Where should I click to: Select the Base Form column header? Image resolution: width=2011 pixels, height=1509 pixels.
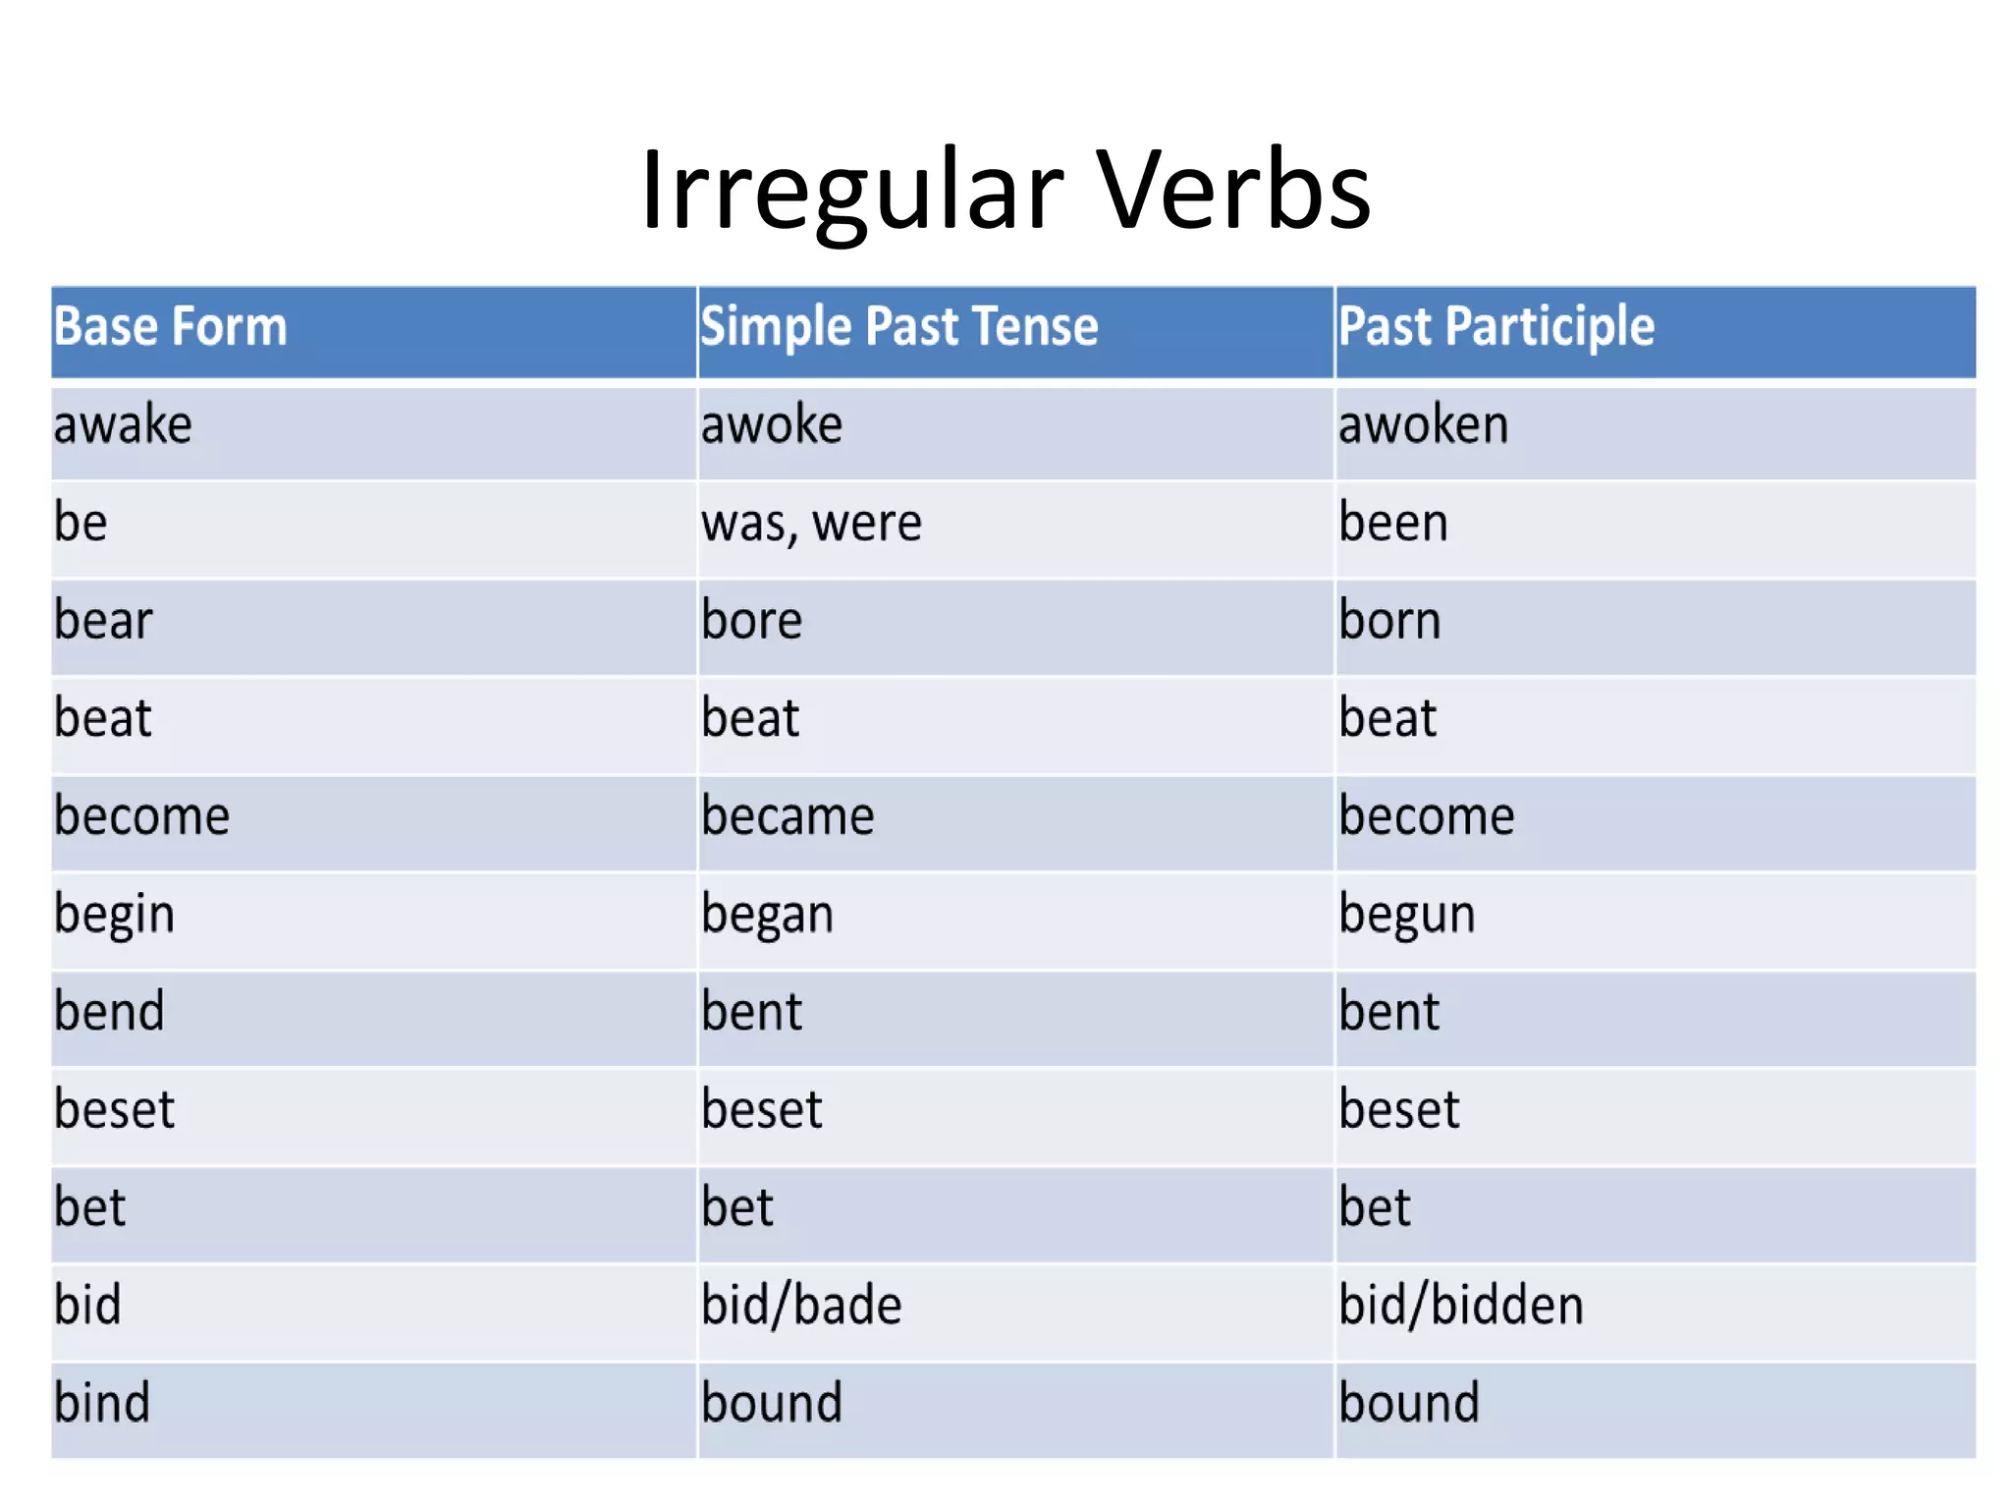point(170,326)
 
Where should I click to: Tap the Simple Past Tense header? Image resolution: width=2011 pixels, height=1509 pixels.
point(898,326)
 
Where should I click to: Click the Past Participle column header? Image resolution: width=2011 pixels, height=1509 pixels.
point(1495,326)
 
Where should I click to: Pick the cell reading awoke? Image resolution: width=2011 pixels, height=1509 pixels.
point(771,425)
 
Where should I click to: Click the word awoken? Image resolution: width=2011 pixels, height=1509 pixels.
point(1423,425)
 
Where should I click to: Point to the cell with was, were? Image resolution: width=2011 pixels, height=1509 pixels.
point(811,523)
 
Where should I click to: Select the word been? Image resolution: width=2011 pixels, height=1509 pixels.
point(1392,523)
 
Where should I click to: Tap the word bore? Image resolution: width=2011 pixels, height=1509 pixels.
point(751,621)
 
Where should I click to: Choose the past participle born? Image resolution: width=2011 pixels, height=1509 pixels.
point(1389,621)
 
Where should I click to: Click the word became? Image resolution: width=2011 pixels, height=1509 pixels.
point(788,816)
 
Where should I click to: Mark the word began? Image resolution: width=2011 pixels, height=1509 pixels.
point(767,915)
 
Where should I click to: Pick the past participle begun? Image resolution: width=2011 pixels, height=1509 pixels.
point(1406,915)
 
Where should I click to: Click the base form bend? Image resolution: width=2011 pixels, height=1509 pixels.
point(109,1012)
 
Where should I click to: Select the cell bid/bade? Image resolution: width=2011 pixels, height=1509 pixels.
point(801,1306)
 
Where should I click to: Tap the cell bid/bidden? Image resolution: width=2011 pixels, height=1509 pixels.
point(1460,1306)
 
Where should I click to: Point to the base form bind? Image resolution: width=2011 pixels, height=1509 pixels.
point(102,1403)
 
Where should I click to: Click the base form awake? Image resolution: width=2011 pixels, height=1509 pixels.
point(123,425)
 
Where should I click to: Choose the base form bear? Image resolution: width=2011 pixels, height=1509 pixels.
point(103,621)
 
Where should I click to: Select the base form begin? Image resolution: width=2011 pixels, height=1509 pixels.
point(114,915)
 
